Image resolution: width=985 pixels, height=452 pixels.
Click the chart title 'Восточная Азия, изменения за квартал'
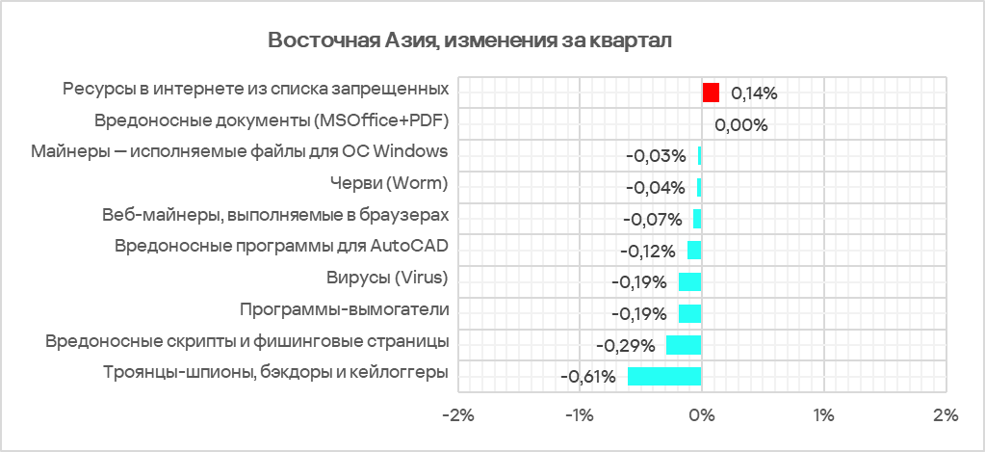pos(470,40)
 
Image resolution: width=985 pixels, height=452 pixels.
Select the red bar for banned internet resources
pos(711,93)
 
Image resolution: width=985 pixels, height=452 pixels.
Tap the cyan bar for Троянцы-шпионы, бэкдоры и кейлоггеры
pos(664,376)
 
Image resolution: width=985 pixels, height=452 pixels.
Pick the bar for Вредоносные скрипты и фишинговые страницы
pos(684,344)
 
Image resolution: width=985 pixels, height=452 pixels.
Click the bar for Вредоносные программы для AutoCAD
pos(694,251)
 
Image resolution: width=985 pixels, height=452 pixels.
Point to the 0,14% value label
pos(754,93)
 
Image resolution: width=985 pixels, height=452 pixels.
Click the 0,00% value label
pos(740,124)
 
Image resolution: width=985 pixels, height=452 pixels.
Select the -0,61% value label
pos(587,376)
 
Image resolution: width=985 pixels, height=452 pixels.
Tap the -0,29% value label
pos(626,345)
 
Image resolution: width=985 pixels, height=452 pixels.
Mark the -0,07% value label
pos(652,219)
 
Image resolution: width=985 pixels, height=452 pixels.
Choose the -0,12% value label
pos(646,251)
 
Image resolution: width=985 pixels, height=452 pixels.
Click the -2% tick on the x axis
pos(456,415)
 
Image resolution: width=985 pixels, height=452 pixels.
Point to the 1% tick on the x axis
pos(823,415)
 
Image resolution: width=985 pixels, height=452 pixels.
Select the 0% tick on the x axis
pos(701,415)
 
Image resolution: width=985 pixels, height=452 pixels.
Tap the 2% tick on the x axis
pos(946,415)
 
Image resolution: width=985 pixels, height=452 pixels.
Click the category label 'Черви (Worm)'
pos(389,183)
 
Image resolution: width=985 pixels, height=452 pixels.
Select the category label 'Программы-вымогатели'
pos(344,309)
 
